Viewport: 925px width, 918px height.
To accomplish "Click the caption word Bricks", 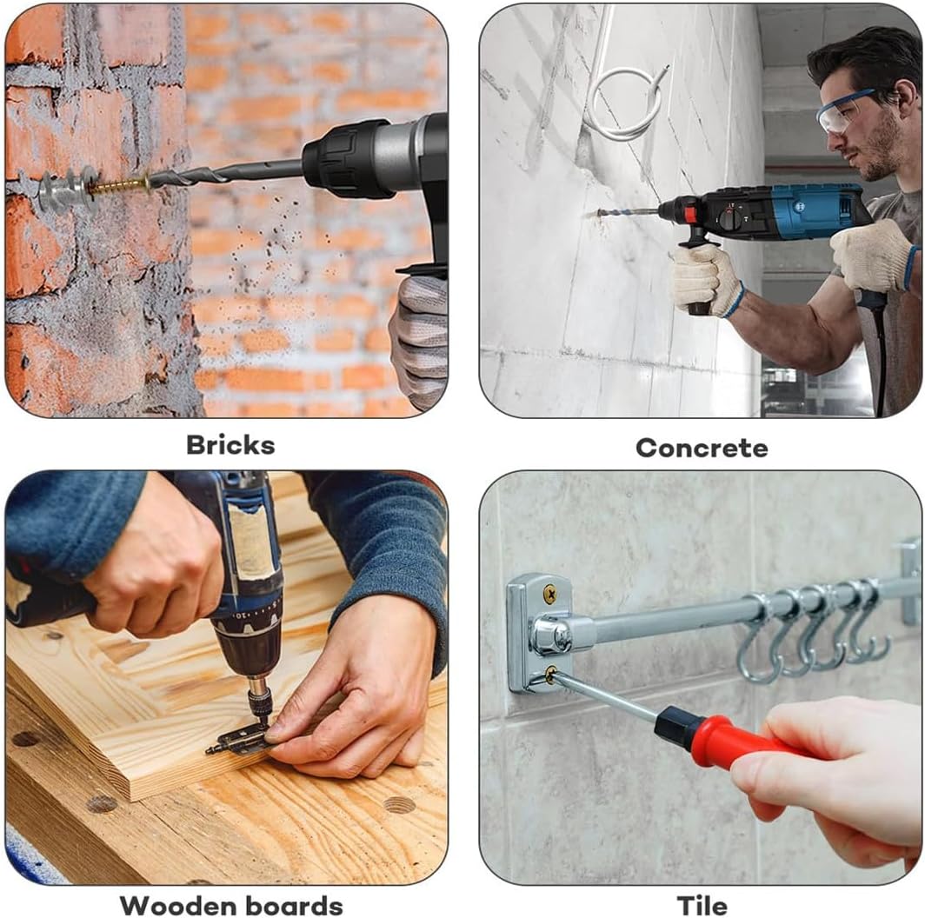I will tap(230, 445).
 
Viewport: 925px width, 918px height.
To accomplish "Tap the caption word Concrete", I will tap(702, 448).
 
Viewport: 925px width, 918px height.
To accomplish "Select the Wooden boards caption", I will tap(231, 905).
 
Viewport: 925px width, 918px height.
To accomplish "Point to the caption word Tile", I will tap(702, 905).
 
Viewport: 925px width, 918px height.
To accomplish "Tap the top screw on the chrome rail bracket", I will tap(549, 594).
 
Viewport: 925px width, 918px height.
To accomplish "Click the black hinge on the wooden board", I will tap(239, 740).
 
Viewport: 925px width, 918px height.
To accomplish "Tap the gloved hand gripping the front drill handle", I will tap(703, 278).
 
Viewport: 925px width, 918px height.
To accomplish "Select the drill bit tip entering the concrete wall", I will tap(600, 213).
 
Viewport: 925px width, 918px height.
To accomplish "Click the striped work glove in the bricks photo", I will tap(420, 339).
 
